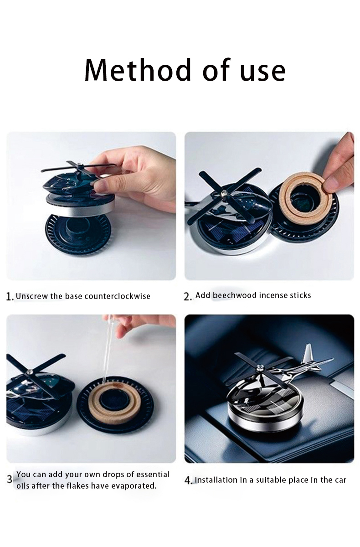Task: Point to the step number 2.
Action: click(187, 296)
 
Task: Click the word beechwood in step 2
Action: click(235, 295)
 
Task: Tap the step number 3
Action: click(10, 479)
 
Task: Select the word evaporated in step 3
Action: click(134, 486)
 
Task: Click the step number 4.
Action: click(188, 480)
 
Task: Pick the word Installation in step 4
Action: click(216, 480)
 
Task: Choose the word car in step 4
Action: click(340, 480)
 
